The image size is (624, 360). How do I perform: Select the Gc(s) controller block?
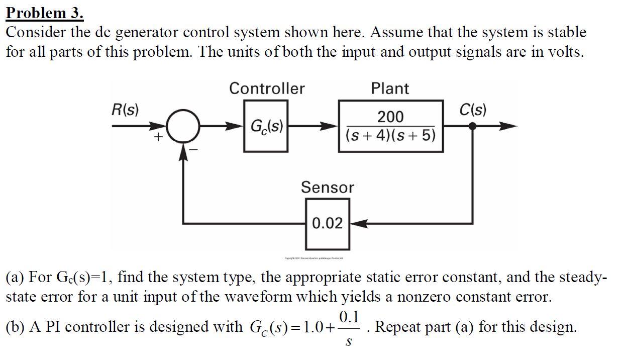[x=266, y=126]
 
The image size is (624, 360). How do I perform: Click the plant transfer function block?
[x=390, y=126]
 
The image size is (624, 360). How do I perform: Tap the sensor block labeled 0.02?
[x=327, y=223]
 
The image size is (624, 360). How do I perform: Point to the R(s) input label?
[x=126, y=109]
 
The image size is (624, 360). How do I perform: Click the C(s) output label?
[x=473, y=109]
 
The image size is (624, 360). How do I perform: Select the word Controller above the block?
[x=267, y=88]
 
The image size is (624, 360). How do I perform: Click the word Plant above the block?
[x=390, y=88]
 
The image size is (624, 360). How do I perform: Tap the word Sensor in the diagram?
[x=327, y=188]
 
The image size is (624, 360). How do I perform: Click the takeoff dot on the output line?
[x=472, y=126]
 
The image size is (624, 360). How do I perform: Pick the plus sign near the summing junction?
[x=159, y=137]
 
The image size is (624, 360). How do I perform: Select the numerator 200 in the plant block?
[x=390, y=117]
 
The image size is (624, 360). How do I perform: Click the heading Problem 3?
[x=45, y=12]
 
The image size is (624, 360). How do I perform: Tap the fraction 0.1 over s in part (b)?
[x=349, y=327]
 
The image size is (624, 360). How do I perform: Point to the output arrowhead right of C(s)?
[x=508, y=126]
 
